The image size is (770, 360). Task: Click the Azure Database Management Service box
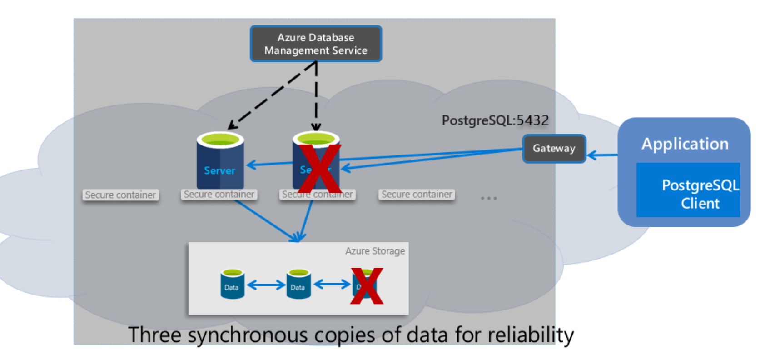tap(316, 44)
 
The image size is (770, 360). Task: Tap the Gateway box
tap(554, 148)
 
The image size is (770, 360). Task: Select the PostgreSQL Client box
tap(688, 190)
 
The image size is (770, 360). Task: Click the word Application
tap(685, 144)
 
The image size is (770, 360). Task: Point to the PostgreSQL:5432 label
tap(495, 120)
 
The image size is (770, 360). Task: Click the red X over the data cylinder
tap(367, 286)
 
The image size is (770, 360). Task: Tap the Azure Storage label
tap(375, 251)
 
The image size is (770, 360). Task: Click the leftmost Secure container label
tap(120, 195)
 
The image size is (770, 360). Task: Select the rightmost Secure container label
tap(417, 195)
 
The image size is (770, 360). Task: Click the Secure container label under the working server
tap(219, 195)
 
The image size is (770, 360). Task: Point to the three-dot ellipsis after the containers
tap(488, 198)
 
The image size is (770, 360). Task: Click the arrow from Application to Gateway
tap(602, 155)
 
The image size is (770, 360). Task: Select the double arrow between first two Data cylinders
tap(266, 285)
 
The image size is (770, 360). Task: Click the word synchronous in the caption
tap(248, 335)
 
